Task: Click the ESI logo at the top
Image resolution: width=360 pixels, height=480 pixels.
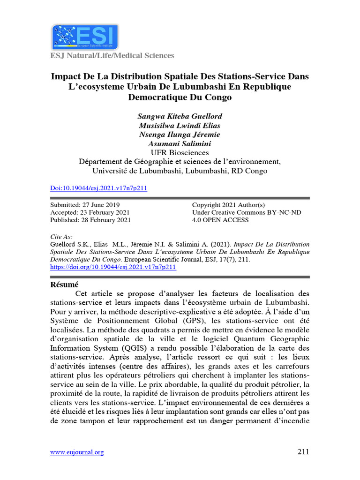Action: [x=84, y=37]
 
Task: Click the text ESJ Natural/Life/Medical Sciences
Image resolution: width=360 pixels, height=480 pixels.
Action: [x=112, y=56]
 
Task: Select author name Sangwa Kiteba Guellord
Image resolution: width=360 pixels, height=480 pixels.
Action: [x=180, y=116]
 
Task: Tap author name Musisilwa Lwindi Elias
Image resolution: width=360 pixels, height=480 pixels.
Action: [x=180, y=125]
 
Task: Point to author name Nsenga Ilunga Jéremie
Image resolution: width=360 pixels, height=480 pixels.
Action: [x=180, y=135]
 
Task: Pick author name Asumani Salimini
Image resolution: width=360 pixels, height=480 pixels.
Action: [x=180, y=143]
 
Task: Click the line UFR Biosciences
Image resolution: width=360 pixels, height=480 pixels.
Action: [x=180, y=153]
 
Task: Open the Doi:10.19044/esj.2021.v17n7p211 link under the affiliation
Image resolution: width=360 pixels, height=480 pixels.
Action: [x=98, y=188]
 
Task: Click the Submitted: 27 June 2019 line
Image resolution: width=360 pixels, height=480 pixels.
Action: [x=85, y=205]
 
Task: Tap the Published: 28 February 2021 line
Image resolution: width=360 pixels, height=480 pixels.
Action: [x=90, y=220]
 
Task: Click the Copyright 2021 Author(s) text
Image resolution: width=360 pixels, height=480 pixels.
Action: [x=228, y=205]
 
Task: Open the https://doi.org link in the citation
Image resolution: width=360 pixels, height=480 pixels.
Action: [x=112, y=267]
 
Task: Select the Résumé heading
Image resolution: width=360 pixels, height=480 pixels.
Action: [x=64, y=285]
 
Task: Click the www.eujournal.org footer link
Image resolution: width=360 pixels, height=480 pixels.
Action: [x=77, y=452]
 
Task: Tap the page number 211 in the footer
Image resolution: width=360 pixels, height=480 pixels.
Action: [x=303, y=452]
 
